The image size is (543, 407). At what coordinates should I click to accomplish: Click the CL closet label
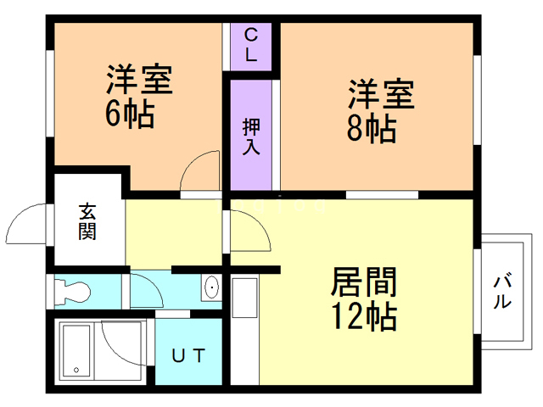click(x=251, y=44)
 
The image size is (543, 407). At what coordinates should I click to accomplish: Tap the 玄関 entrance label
click(x=87, y=222)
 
